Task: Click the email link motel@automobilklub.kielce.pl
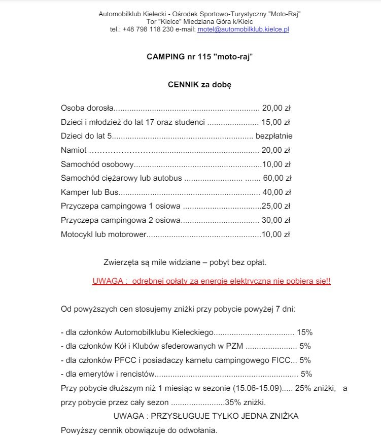click(x=243, y=30)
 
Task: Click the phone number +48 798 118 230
click(x=145, y=30)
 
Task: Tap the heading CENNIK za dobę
click(x=199, y=85)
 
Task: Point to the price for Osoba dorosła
click(x=276, y=108)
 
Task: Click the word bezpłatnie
click(x=274, y=136)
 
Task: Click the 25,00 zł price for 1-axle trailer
click(x=275, y=207)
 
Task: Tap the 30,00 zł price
click(x=276, y=220)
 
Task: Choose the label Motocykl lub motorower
click(x=103, y=234)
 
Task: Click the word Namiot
click(x=74, y=150)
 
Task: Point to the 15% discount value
click(x=304, y=333)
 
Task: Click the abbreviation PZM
click(x=235, y=347)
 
